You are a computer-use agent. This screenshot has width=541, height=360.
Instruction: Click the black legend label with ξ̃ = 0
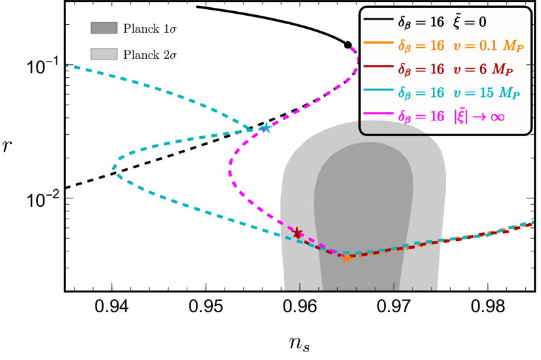[442, 22]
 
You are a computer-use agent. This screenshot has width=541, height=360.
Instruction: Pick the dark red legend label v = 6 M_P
[455, 69]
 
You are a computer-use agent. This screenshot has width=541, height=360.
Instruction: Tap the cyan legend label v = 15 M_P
[458, 93]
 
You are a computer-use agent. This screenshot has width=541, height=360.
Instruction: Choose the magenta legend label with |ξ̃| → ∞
[451, 117]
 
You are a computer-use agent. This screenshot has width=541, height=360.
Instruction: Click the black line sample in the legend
[379, 19]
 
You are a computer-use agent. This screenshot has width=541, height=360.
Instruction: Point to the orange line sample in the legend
[379, 43]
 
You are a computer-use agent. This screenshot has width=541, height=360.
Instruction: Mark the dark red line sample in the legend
[379, 66]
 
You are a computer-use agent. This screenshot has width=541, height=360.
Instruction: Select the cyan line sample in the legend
[379, 90]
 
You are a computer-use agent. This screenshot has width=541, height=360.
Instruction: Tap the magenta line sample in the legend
[379, 113]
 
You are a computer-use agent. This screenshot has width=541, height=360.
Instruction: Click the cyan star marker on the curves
[265, 128]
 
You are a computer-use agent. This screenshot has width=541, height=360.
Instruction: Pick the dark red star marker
[297, 233]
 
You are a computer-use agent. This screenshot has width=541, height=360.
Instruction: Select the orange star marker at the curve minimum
[346, 258]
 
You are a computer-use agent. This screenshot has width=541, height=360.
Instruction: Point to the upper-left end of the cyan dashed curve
[67, 65]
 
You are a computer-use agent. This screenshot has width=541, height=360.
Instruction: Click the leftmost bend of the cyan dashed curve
[114, 168]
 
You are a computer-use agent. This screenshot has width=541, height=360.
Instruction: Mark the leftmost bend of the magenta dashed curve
[230, 173]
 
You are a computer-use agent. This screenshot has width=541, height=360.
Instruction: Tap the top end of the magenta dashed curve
[352, 48]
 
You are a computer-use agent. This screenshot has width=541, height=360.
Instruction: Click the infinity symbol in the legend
[497, 117]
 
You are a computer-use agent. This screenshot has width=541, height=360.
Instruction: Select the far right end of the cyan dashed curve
[532, 223]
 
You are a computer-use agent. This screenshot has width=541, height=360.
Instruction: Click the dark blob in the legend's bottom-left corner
[390, 127]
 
